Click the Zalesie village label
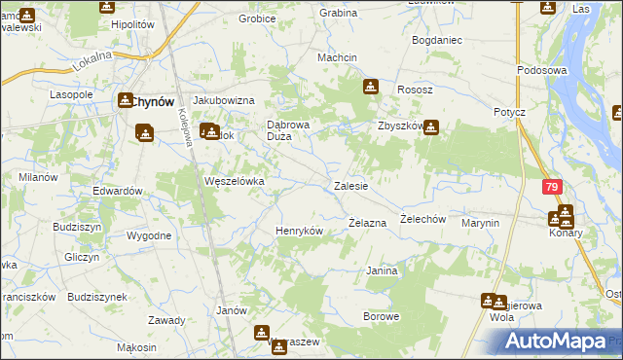point(350,185)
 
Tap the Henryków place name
point(299,231)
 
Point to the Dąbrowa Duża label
point(288,130)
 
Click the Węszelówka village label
point(234,181)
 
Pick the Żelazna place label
point(368,223)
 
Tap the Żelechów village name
point(422,219)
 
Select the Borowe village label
point(381,316)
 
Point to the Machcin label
point(338,57)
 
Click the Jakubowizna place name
point(224,100)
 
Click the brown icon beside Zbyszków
point(430,126)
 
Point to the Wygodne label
point(149,235)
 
